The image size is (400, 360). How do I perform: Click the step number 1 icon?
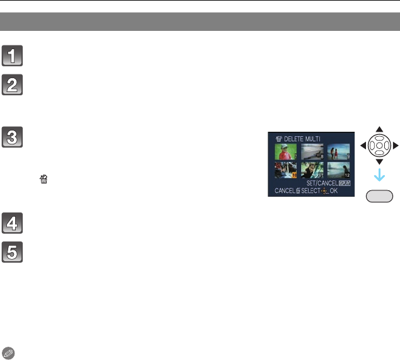(12, 55)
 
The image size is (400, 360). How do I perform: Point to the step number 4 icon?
(12, 224)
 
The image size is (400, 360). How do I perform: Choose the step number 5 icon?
(12, 253)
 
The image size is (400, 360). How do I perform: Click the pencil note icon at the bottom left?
(7, 352)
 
